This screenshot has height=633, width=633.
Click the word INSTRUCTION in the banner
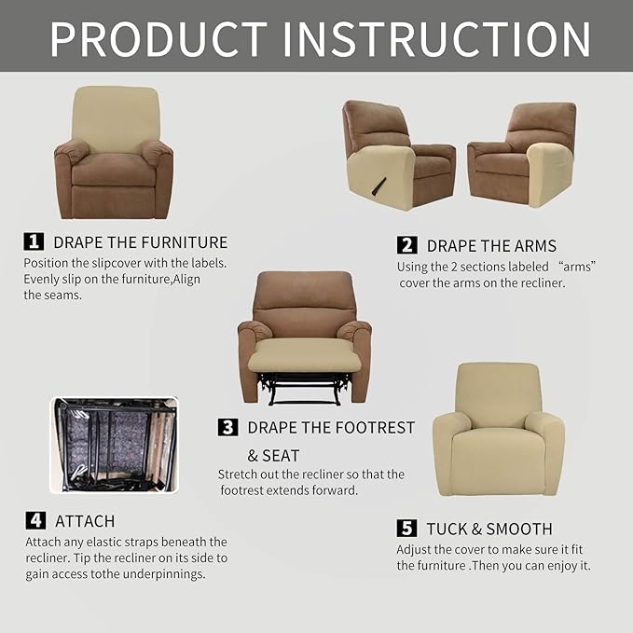tap(437, 38)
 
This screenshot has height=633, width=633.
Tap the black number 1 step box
tap(34, 241)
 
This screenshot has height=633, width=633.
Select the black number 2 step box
tap(406, 245)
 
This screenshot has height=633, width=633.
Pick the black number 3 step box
tap(227, 427)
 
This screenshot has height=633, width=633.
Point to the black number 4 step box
tap(34, 520)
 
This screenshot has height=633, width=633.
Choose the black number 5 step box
tap(406, 529)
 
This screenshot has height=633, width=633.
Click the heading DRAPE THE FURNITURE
tap(140, 242)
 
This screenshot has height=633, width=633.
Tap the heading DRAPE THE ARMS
tap(491, 246)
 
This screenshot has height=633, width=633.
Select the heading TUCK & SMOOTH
tap(489, 529)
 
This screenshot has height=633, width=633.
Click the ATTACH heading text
tap(85, 521)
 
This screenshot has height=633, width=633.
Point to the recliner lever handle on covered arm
tap(380, 186)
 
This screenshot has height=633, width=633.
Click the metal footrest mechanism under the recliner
tap(304, 389)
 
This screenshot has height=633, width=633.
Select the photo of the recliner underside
tap(114, 444)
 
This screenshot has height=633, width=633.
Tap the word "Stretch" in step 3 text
tap(237, 475)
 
